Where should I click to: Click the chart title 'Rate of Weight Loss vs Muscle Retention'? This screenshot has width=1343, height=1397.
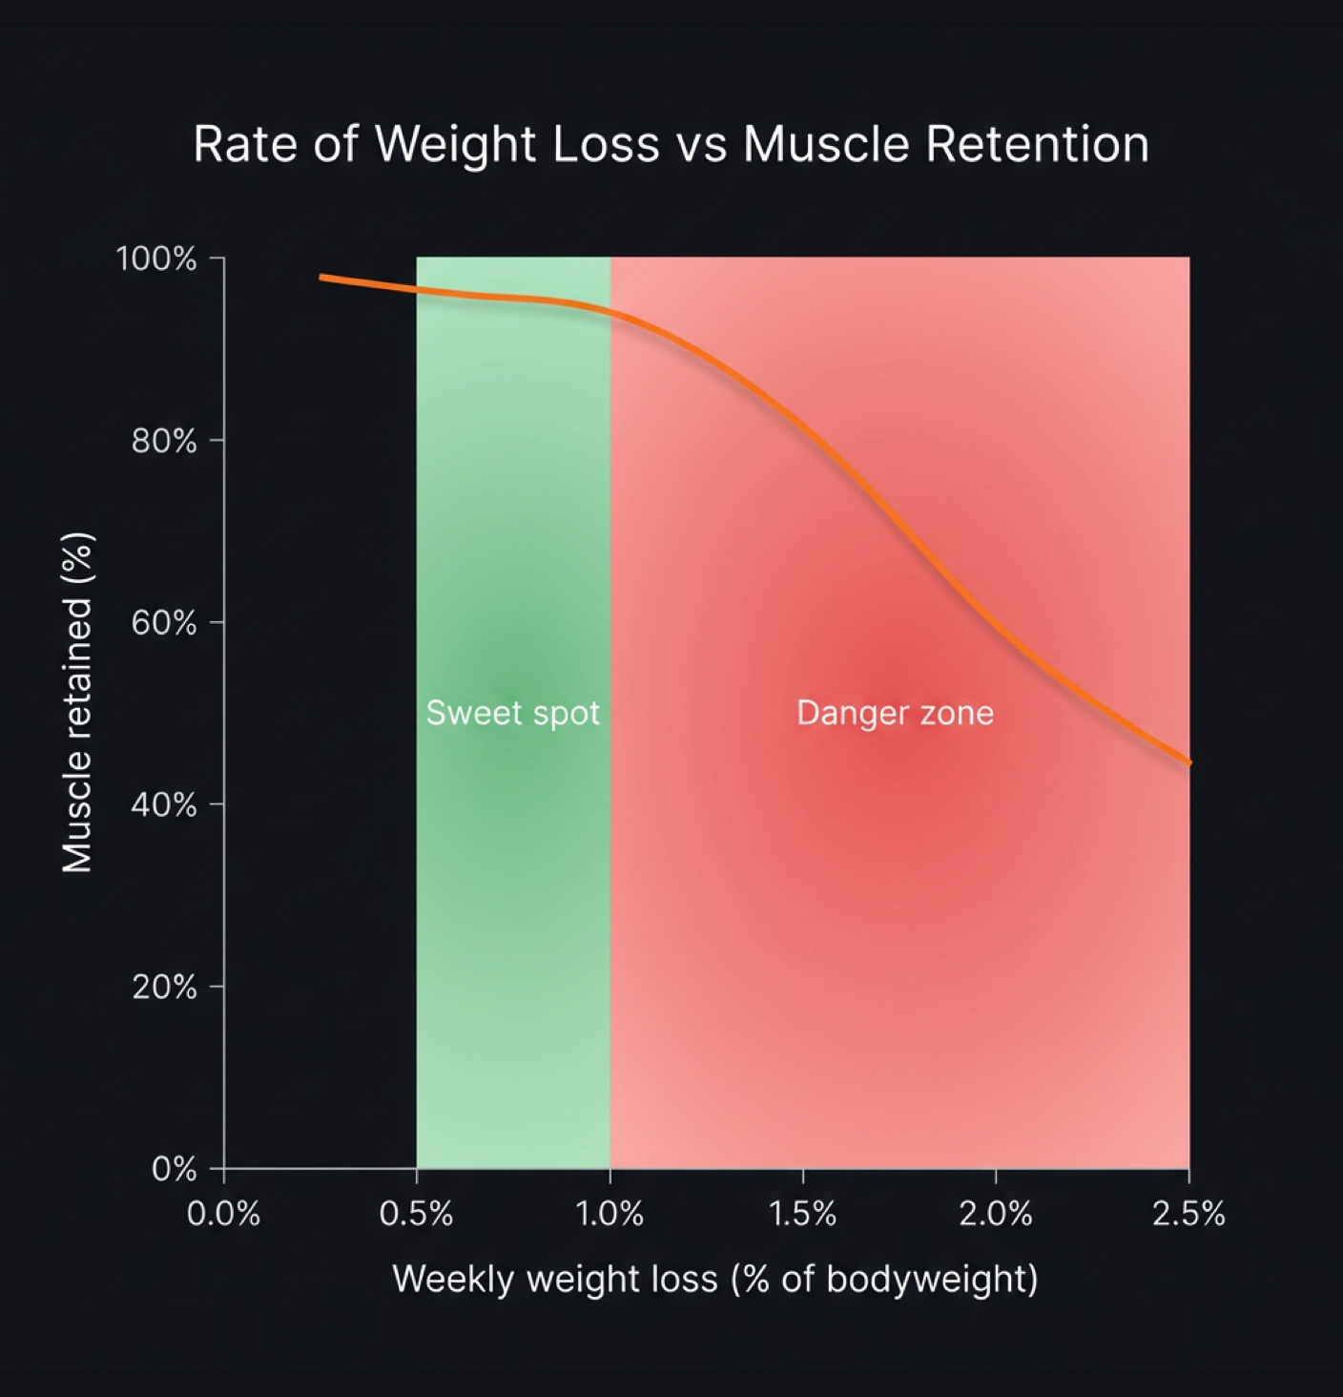pos(671,145)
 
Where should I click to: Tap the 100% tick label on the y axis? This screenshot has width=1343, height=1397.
pos(156,259)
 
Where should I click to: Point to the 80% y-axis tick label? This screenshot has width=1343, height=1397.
pos(163,441)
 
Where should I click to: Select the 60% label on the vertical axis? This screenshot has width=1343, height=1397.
pos(163,623)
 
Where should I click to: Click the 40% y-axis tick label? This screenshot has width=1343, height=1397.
pos(163,805)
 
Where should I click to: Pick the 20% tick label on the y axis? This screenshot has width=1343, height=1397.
pos(163,987)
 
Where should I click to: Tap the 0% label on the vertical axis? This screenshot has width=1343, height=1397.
pos(174,1169)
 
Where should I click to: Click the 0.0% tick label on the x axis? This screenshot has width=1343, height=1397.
pos(223,1214)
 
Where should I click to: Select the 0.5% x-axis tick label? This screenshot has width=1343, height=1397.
pos(416,1214)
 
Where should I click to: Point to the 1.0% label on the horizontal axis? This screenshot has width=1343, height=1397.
pos(609,1214)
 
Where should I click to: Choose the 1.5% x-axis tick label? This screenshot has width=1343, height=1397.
pos(802,1214)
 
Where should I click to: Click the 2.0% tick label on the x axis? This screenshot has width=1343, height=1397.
pos(995,1214)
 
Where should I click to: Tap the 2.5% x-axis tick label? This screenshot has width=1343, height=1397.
pos(1188,1214)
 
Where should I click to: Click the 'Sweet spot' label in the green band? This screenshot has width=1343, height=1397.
pos(512,713)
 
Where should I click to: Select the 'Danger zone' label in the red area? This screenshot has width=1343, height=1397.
pos(895,713)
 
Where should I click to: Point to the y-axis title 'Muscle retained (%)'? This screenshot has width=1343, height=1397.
pos(77,702)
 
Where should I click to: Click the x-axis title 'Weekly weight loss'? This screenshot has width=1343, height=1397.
pos(714,1279)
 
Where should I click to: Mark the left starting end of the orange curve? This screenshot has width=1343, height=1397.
pos(322,278)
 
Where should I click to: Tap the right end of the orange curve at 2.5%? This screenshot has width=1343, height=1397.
pos(1188,762)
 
